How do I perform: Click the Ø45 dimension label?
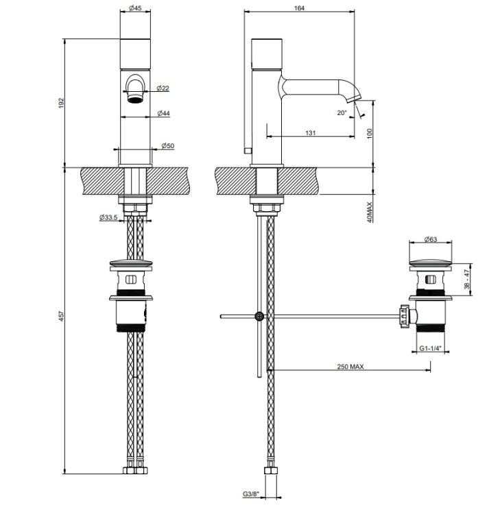point(135,8)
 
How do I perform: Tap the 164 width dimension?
point(300,8)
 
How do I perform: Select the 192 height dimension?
point(62,103)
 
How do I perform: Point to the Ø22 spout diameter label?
point(163,88)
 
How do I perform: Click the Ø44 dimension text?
point(163,113)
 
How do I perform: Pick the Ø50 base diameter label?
point(167,146)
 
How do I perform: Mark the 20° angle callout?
point(342,113)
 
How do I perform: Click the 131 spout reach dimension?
point(310,133)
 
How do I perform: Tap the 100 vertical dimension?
point(370,134)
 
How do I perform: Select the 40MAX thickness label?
point(370,212)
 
